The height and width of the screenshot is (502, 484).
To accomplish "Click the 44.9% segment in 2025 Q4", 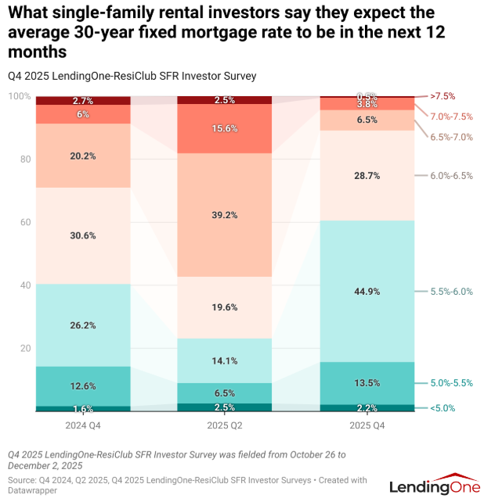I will point(367,291).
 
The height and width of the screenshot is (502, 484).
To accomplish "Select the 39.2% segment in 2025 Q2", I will point(225,215).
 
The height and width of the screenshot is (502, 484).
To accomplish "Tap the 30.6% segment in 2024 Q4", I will point(83,235).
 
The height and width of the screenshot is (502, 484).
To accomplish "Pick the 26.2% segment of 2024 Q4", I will point(83,325).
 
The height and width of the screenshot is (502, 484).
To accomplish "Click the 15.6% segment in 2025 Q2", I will point(225,129).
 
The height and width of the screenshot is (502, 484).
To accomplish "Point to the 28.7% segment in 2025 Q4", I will point(367,175).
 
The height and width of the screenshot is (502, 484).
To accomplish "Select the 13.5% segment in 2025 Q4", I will point(367,383).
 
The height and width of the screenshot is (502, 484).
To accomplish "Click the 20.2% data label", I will point(83,156).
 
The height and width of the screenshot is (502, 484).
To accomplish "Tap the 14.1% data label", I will point(225,360).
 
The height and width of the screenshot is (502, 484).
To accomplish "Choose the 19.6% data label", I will point(225,307).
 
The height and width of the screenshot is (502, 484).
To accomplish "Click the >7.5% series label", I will point(442,96).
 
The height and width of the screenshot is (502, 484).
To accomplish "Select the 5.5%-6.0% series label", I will point(451,291).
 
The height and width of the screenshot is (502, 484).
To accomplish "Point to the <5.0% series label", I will point(442,408).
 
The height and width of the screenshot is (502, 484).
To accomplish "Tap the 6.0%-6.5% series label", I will point(451,175).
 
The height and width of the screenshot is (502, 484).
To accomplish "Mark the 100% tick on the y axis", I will point(20,96).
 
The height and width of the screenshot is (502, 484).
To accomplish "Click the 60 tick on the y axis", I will point(25,222).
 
